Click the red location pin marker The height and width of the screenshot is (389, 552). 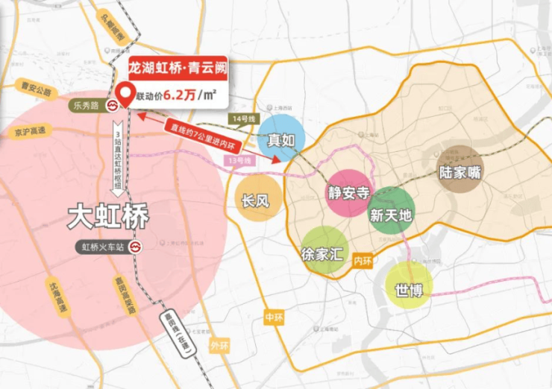tap(125, 96)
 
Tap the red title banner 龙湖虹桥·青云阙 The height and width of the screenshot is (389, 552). tap(178, 68)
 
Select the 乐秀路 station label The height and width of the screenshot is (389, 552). tap(85, 106)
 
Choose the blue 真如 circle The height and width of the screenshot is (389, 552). tap(281, 139)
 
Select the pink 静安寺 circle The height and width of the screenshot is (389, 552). tap(349, 192)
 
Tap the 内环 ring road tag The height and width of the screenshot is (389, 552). tap(363, 260)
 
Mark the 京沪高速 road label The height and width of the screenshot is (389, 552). tap(29, 131)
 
